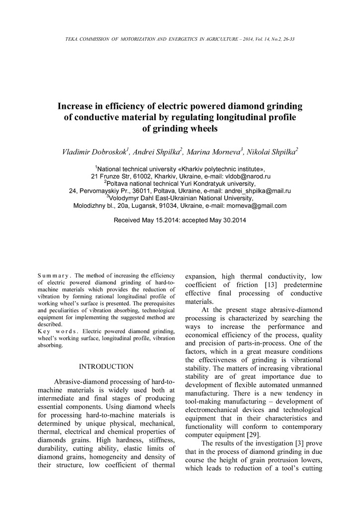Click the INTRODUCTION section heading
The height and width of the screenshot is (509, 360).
point(106,367)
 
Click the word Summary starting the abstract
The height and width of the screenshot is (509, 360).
point(54,275)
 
